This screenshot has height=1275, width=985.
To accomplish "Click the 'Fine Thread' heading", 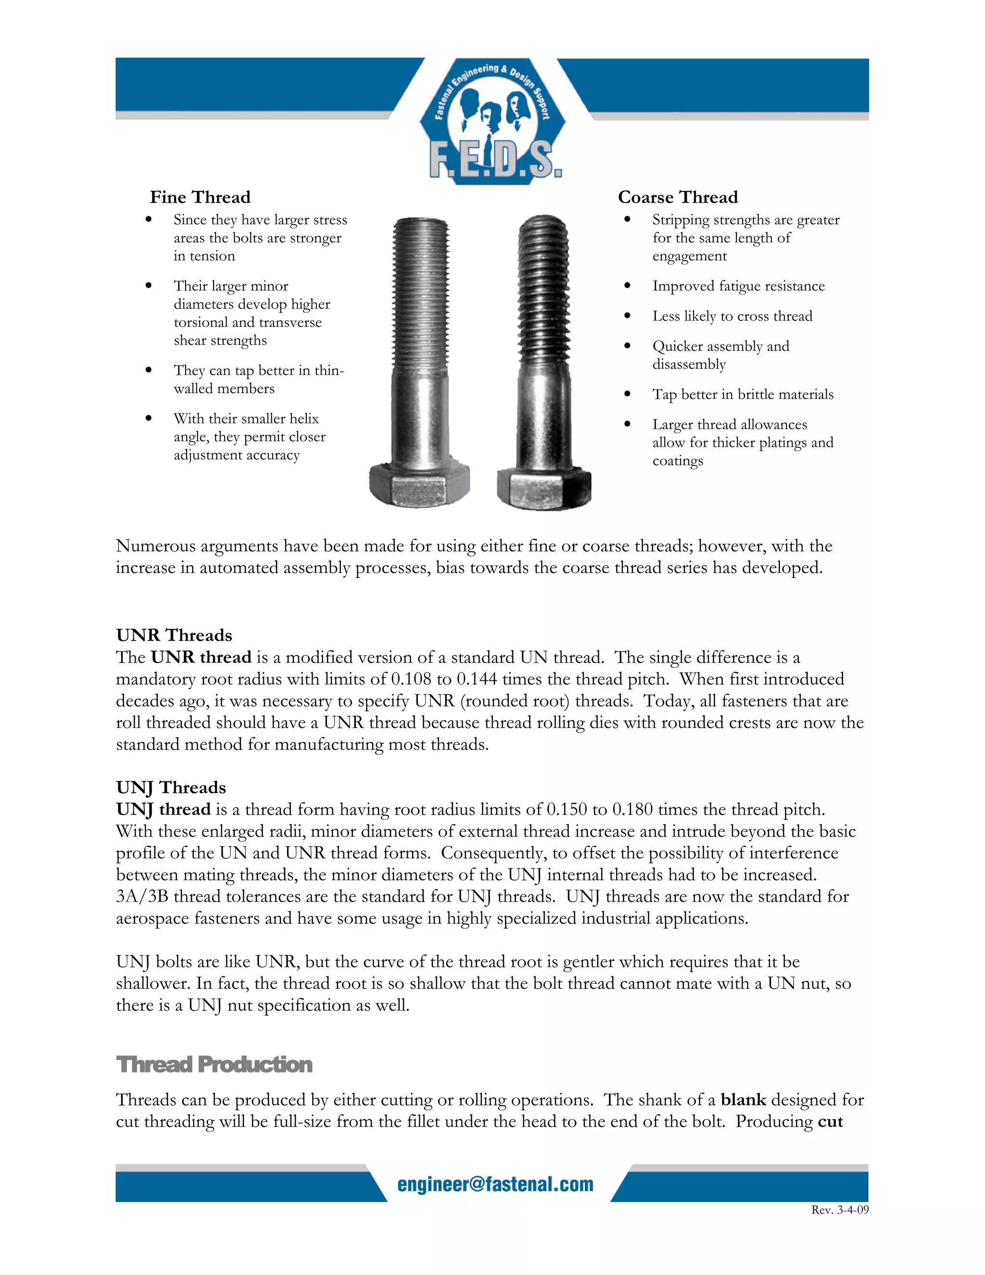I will point(200,197).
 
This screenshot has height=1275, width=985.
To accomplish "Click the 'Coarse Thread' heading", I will point(678,197).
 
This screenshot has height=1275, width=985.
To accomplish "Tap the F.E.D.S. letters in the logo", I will point(495,160).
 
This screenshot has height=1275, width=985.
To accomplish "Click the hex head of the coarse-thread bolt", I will point(543,487).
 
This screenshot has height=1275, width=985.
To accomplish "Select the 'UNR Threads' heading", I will point(174,635).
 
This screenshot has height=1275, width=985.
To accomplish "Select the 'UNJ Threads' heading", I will point(170,787).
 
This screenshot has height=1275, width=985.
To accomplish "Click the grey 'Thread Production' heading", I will point(214,1064).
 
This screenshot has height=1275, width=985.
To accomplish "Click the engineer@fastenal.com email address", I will point(495,1184).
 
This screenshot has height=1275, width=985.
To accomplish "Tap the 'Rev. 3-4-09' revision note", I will point(839,1210).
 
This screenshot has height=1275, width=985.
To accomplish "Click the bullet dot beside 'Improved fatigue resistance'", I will point(627,285).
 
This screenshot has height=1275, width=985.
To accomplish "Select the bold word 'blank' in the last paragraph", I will point(743,1099).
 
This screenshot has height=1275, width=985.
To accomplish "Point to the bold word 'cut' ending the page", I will point(830,1122).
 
